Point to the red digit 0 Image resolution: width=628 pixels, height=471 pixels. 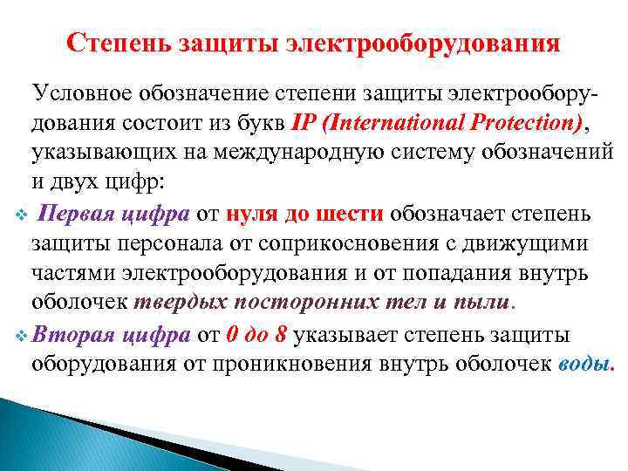click(x=230, y=333)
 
